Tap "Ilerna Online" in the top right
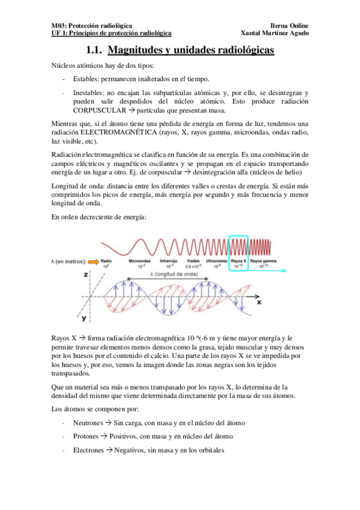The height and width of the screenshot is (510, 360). pyautogui.click(x=290, y=26)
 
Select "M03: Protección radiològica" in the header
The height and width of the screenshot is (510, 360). pyautogui.click(x=90, y=26)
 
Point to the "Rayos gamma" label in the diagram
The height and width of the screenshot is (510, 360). pyautogui.click(x=264, y=261)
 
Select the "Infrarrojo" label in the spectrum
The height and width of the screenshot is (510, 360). pyautogui.click(x=168, y=261)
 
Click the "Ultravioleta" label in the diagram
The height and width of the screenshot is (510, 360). pyautogui.click(x=216, y=261)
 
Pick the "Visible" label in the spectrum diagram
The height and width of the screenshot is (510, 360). pyautogui.click(x=192, y=261)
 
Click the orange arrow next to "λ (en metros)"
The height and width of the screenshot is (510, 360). pyautogui.click(x=94, y=262)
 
